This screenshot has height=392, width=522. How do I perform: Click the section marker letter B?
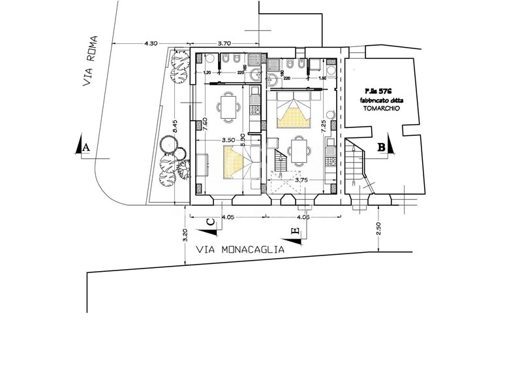[381, 148]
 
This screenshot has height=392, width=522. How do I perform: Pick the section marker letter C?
[210, 223]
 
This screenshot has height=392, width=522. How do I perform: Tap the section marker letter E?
[295, 231]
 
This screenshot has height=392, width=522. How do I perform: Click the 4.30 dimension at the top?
[149, 44]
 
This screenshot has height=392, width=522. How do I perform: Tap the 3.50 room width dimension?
[228, 140]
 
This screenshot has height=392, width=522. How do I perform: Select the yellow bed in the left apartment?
[238, 163]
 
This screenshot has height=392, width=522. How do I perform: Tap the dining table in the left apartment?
[228, 108]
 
